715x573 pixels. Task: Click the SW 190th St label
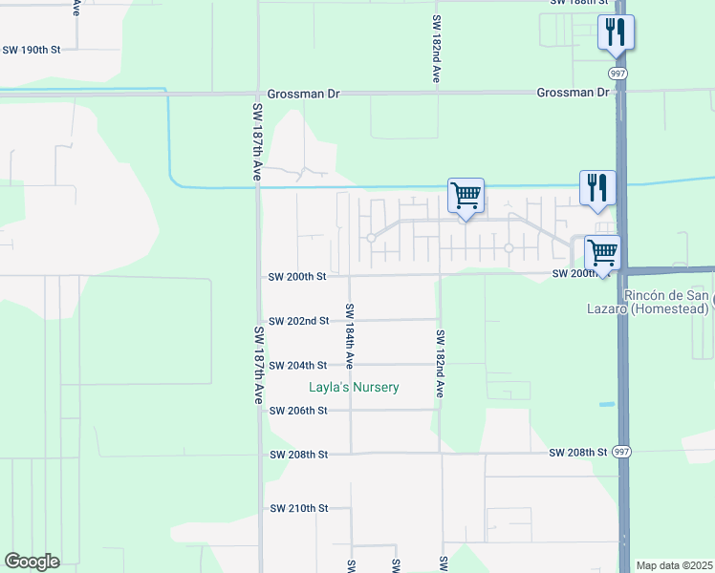[x=31, y=49]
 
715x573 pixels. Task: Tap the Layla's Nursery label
[x=353, y=388]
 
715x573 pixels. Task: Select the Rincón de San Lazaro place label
[x=666, y=302]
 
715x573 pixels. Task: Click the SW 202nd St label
[x=298, y=321]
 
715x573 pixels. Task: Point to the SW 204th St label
[x=298, y=366]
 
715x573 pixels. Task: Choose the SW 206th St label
[x=298, y=411]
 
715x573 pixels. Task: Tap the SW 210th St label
[x=298, y=508]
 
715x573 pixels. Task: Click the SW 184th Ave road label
[x=350, y=336]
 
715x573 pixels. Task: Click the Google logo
[x=32, y=562]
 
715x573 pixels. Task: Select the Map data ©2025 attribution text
[x=673, y=565]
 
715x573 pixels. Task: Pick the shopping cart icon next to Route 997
[x=602, y=253]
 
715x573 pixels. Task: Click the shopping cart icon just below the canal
[x=466, y=196]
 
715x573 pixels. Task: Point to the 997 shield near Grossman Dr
[x=617, y=74]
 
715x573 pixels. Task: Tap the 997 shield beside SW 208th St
[x=621, y=452]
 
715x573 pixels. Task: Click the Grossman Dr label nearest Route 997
[x=573, y=93]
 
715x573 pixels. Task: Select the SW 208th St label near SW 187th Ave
[x=298, y=455]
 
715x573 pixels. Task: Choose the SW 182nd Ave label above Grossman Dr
[x=436, y=49]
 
